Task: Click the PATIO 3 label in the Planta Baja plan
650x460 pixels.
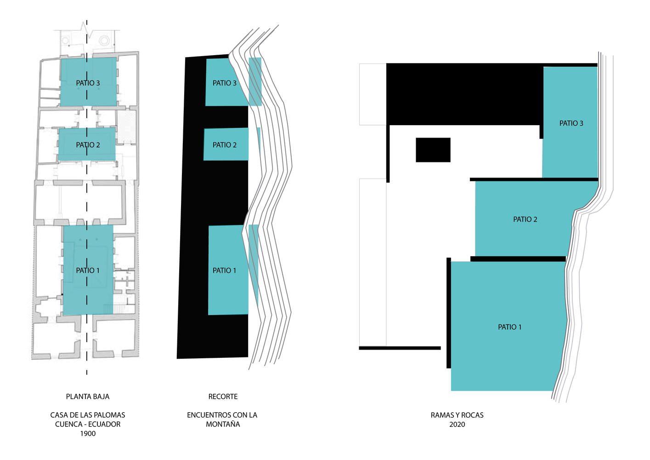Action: tap(88, 83)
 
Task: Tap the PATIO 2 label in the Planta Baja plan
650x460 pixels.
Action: tap(88, 145)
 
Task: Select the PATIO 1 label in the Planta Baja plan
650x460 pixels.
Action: tap(88, 270)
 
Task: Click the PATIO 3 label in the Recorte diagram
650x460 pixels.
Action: tap(225, 83)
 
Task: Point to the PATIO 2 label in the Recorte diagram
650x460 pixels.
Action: tap(225, 145)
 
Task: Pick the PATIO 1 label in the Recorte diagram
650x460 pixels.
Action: tap(224, 270)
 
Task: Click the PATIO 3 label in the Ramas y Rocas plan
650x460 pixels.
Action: tap(571, 123)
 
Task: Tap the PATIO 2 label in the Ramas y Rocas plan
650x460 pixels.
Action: tap(525, 219)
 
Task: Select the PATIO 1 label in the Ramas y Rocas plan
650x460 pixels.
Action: tap(510, 327)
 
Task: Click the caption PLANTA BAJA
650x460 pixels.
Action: tap(88, 397)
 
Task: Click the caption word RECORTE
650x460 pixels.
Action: tap(223, 397)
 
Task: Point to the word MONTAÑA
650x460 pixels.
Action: tap(223, 424)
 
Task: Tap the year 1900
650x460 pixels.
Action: tap(88, 434)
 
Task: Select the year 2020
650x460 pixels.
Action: tap(458, 425)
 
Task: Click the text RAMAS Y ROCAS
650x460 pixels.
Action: tap(458, 415)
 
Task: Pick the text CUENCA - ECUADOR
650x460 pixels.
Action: tap(88, 424)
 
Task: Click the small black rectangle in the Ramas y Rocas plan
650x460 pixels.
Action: tap(433, 150)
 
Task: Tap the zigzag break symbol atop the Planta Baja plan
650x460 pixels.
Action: tap(87, 30)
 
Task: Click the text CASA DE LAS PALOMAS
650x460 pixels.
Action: tap(88, 415)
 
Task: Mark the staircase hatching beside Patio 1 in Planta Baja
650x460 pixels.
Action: tap(119, 309)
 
